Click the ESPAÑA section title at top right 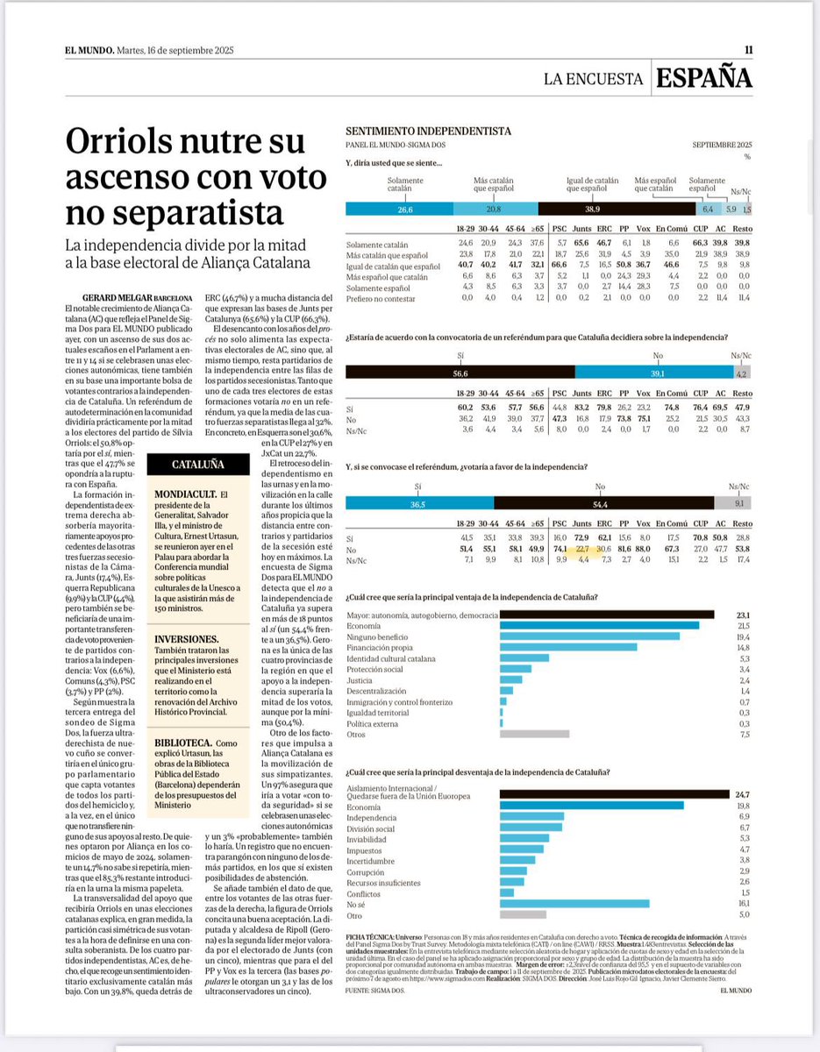tap(705, 78)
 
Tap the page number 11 tap(747, 50)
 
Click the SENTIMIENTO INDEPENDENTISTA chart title tap(429, 131)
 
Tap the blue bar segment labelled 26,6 tap(405, 210)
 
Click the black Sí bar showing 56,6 tap(460, 372)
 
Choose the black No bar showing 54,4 tap(603, 502)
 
